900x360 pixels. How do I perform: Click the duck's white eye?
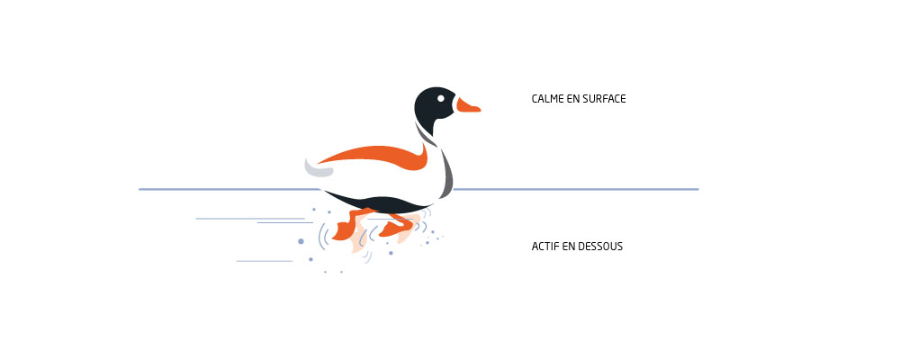(440, 98)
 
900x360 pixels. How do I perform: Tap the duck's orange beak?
(467, 105)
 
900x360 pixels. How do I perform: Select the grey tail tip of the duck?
(318, 169)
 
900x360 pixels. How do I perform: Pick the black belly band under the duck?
(379, 202)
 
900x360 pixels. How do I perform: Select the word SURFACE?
(604, 99)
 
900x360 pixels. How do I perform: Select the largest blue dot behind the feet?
(301, 241)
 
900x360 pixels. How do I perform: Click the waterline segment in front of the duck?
(576, 189)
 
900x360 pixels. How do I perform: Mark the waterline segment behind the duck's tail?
(229, 189)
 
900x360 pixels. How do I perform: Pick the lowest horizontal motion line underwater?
(265, 261)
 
